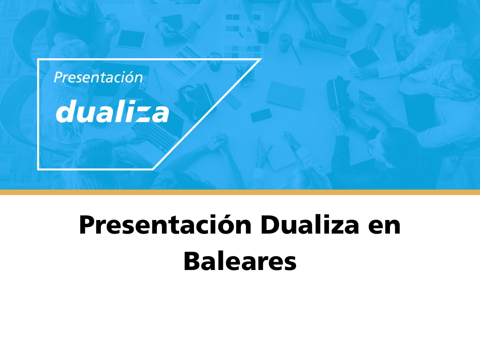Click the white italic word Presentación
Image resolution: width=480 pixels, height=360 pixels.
coord(98,78)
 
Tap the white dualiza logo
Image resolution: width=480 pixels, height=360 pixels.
coord(112,111)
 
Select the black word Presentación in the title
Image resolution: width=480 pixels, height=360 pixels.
coord(165,225)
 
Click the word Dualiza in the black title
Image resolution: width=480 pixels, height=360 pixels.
coord(310,225)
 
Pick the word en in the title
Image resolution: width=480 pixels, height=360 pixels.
coord(384,227)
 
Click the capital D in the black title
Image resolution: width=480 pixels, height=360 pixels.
coord(270,225)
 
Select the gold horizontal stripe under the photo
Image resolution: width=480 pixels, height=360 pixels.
coord(240,192)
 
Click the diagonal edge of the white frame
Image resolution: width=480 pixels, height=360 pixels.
coord(207,114)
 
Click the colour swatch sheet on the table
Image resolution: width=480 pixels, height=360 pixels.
coord(243,35)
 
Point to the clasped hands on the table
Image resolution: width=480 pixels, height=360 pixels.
coord(216,142)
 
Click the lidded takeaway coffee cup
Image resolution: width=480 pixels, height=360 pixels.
coord(284,43)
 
